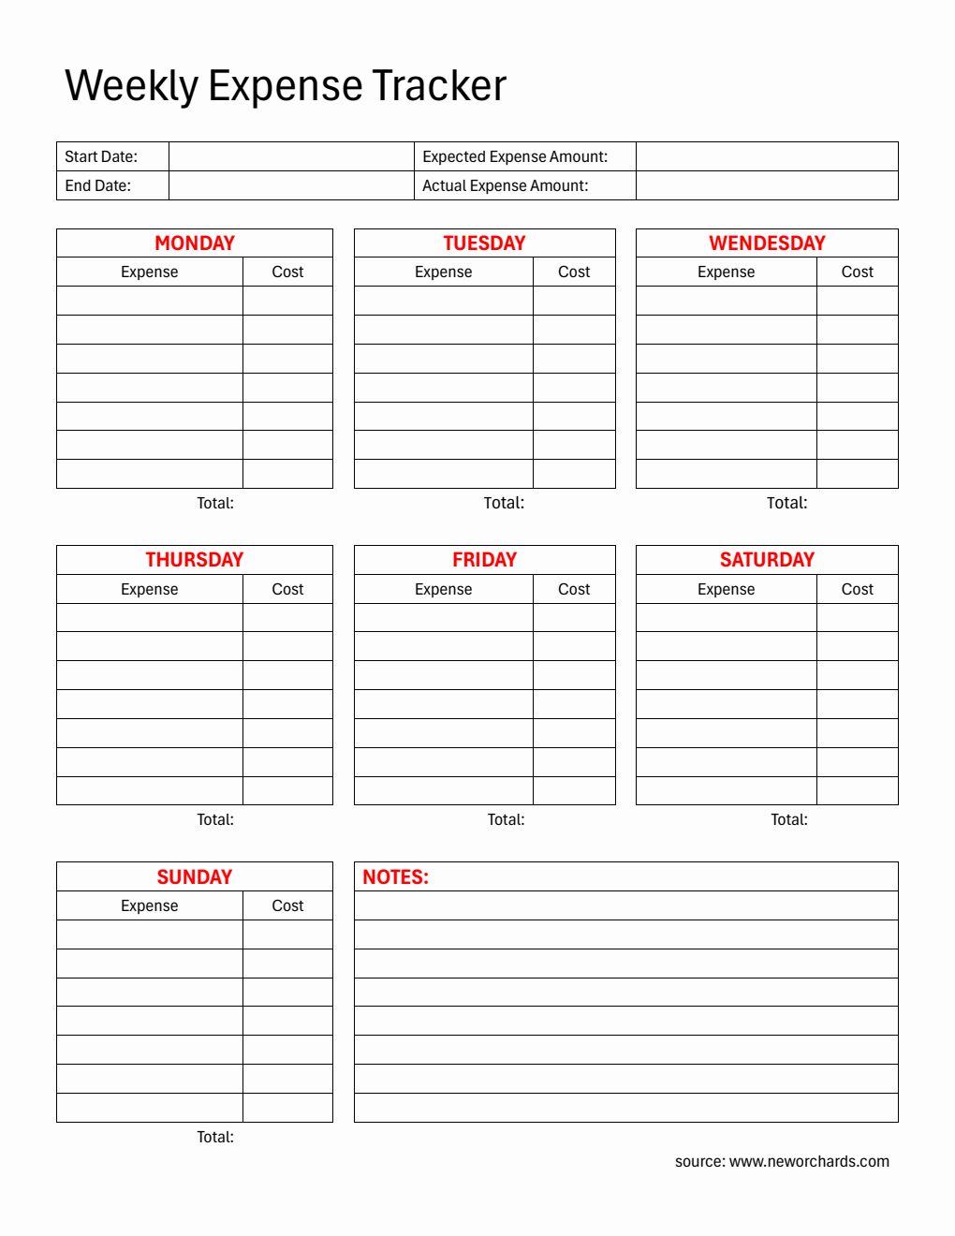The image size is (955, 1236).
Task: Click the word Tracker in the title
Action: [x=439, y=86]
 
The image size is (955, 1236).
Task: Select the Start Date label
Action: [x=101, y=156]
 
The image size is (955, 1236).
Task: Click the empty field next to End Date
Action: [x=291, y=185]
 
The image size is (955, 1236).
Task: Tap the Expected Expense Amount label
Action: [x=515, y=156]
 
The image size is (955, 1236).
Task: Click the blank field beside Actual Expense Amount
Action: [x=766, y=185]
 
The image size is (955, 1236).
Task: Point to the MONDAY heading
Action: [x=195, y=243]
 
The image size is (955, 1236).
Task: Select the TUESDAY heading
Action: [x=484, y=243]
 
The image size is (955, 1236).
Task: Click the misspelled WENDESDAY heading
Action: [x=767, y=243]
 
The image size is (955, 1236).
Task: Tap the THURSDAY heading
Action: [x=195, y=560]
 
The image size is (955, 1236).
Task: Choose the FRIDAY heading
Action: [x=484, y=560]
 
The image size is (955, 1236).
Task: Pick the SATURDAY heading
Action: [x=767, y=560]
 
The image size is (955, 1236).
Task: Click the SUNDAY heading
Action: [x=195, y=877]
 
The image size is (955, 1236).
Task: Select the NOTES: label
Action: [x=395, y=877]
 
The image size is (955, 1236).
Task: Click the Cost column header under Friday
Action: [x=574, y=589]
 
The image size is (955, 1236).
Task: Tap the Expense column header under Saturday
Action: [x=726, y=589]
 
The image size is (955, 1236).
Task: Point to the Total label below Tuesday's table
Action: [x=504, y=503]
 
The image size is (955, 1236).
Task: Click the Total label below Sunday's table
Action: [x=215, y=1137]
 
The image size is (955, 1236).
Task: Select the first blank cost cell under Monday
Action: [x=287, y=301]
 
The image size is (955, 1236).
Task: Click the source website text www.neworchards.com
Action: [x=809, y=1161]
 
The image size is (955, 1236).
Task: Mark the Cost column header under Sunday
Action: [x=287, y=905]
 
